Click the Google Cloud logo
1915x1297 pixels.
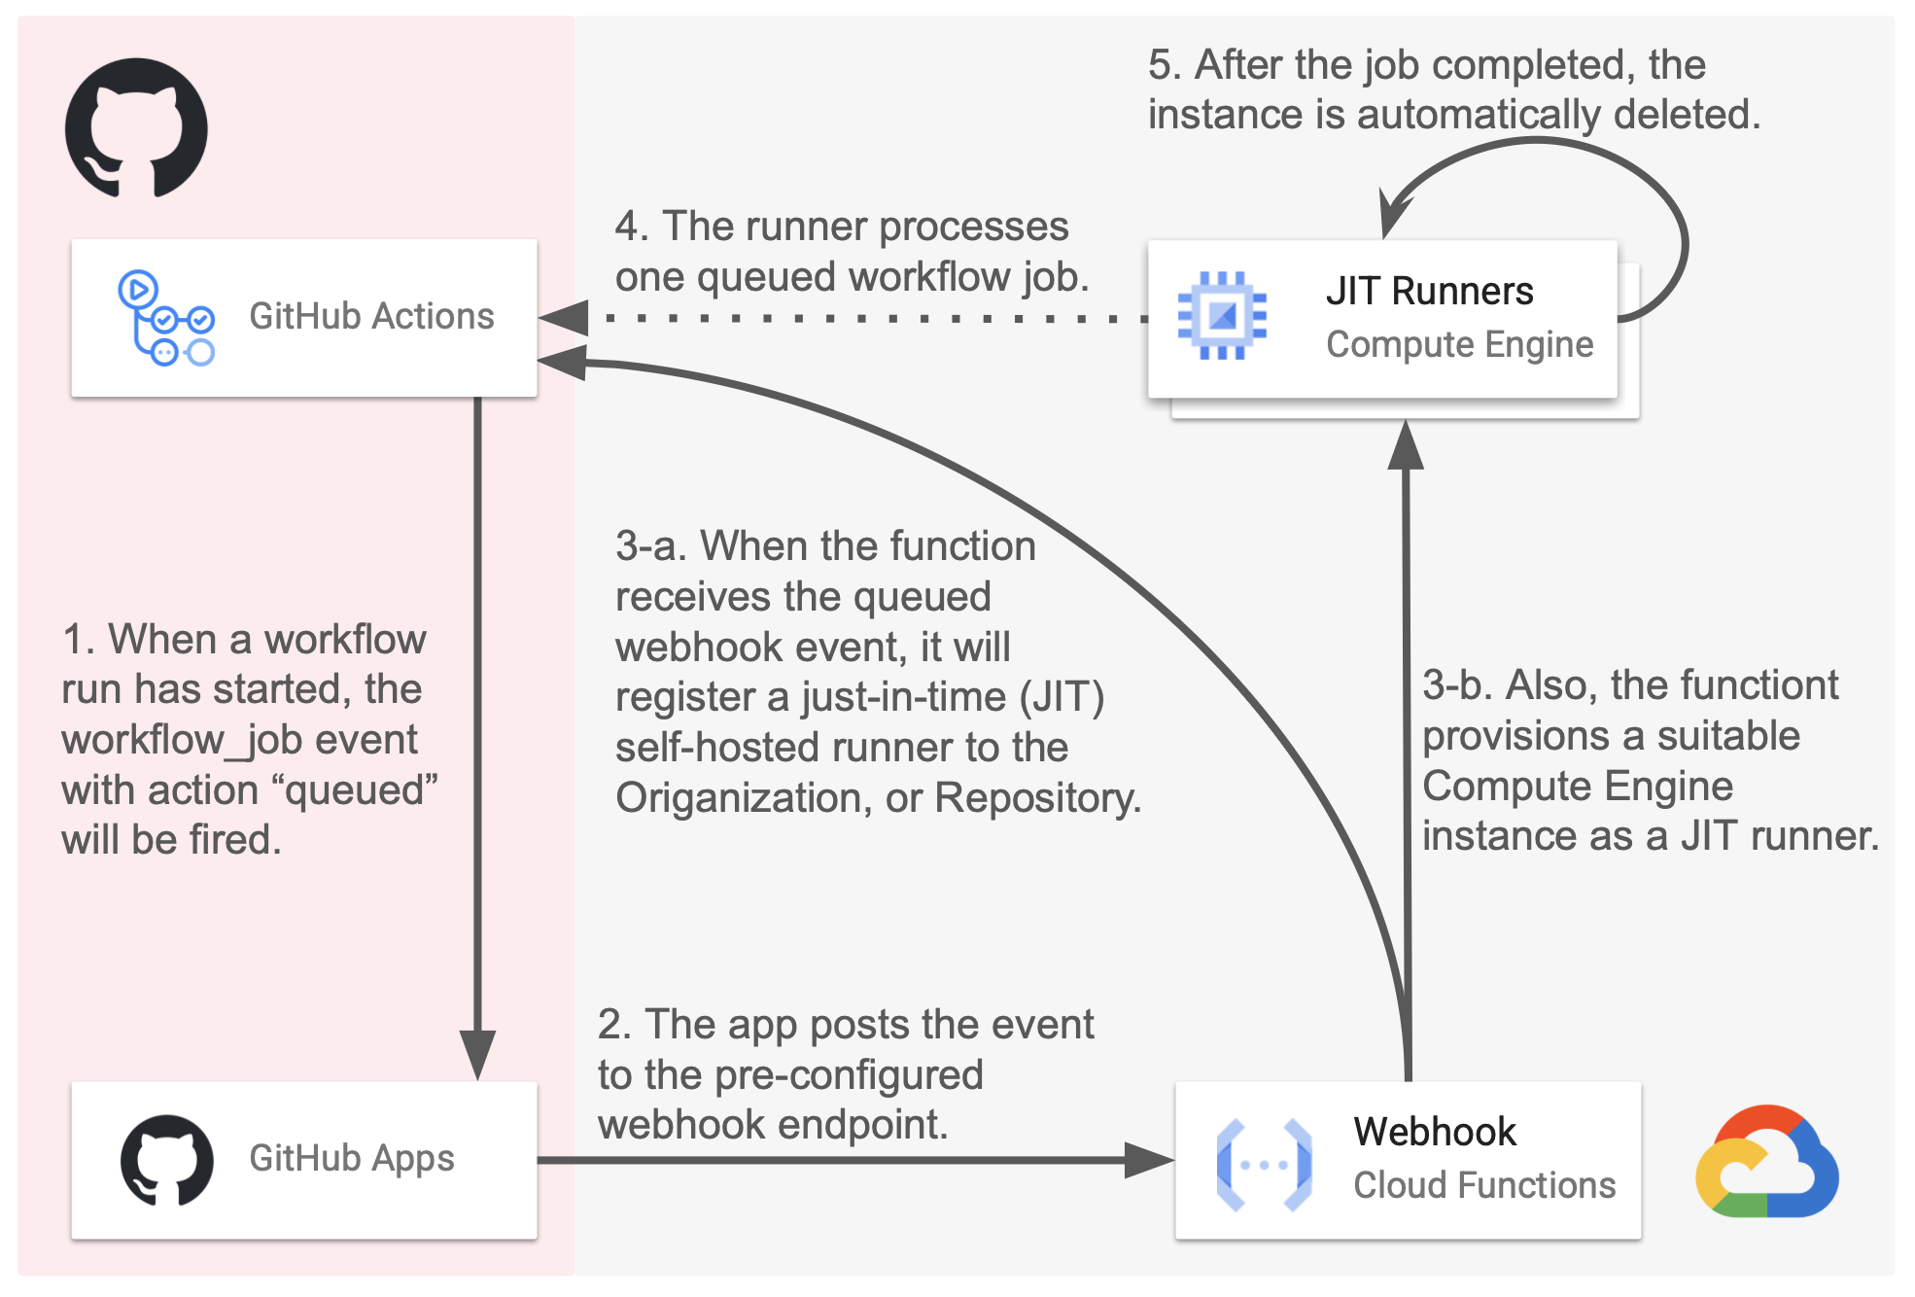[x=1766, y=1162]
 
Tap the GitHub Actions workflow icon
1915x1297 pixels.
[x=165, y=318]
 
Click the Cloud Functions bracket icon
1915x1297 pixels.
[x=1264, y=1164]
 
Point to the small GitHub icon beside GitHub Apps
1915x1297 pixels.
[x=166, y=1160]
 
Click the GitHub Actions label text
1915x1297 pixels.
[x=371, y=317]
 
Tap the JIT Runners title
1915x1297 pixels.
[x=1429, y=292]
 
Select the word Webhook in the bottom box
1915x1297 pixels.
[x=1434, y=1132]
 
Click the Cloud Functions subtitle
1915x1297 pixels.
[x=1483, y=1185]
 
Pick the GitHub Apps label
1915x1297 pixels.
[x=351, y=1158]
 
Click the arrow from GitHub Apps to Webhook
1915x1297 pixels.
[x=855, y=1160]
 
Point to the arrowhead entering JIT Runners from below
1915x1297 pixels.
[x=1406, y=447]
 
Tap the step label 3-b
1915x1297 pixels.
[x=1456, y=685]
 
